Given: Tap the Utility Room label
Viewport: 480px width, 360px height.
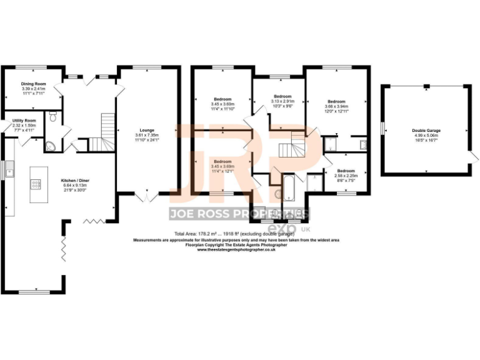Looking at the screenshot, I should [x=24, y=120].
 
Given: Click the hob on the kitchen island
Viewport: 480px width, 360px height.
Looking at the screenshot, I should [x=34, y=185].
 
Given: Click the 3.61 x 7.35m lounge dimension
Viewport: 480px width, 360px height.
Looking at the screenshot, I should [x=147, y=135].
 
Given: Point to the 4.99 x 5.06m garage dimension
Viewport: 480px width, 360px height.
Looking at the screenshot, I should [x=425, y=136].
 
